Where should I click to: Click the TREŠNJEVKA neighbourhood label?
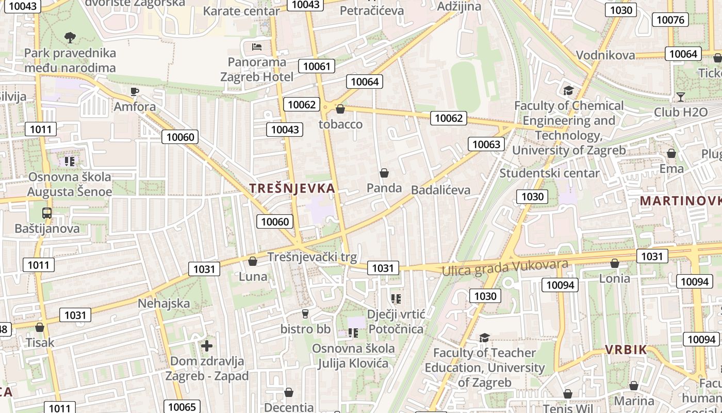tap(292, 188)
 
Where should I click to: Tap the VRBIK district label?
tap(626, 350)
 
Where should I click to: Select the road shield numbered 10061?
tap(317, 66)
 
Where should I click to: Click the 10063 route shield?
tap(486, 144)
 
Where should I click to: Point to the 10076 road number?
tap(670, 20)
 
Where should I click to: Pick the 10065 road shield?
tap(182, 407)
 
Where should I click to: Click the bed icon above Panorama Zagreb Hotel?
tap(257, 47)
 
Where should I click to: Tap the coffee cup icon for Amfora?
tap(135, 92)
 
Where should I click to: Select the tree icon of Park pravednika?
tap(70, 37)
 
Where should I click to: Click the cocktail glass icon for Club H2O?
tap(681, 97)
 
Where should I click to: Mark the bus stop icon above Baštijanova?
tap(47, 213)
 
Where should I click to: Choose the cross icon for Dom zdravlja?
tap(207, 346)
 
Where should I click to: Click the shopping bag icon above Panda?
tap(384, 173)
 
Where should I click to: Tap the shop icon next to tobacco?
tap(340, 109)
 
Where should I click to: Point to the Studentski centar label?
tap(549, 173)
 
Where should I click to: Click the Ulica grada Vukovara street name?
tap(505, 267)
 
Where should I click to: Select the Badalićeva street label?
tap(440, 190)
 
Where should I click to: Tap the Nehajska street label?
tap(164, 303)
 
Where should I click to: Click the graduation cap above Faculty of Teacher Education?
tap(484, 338)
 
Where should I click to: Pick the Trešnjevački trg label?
tap(311, 257)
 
